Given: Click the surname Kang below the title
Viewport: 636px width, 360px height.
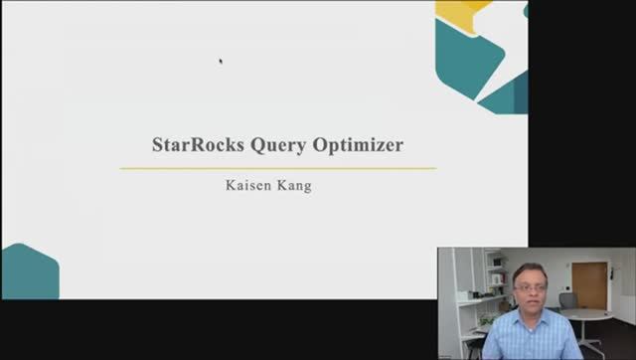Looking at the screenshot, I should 294,186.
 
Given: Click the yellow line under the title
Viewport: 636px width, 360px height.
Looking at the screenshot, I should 278,168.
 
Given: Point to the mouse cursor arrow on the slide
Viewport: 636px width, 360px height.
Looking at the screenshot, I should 221,61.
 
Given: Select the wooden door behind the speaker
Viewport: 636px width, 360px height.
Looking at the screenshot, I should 589,284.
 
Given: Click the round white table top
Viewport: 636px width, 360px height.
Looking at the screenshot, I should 590,314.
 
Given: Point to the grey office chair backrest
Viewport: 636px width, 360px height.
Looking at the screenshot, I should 567,299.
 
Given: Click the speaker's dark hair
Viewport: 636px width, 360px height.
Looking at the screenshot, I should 529,269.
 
